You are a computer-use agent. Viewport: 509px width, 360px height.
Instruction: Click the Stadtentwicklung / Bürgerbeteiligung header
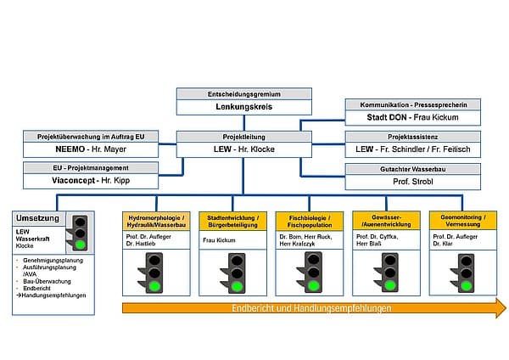(231, 220)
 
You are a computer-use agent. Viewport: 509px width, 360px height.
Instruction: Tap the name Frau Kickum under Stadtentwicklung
(219, 240)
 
